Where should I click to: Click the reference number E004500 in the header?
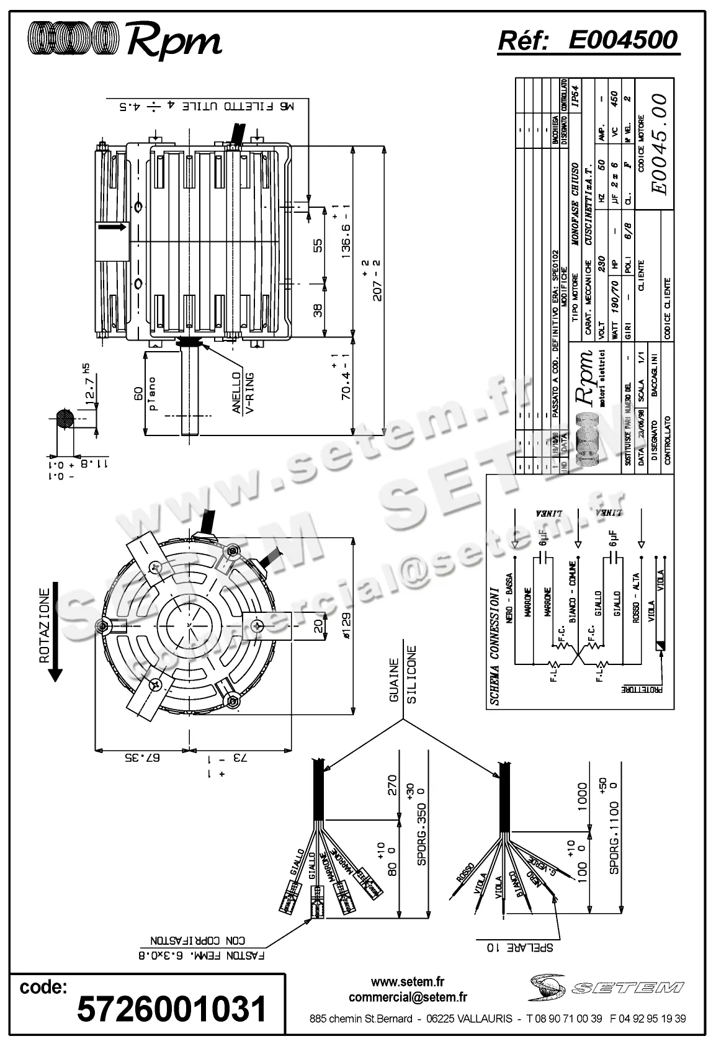623,40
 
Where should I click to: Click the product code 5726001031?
172,1008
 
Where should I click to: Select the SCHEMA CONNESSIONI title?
494,645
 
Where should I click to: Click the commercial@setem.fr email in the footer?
408,997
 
